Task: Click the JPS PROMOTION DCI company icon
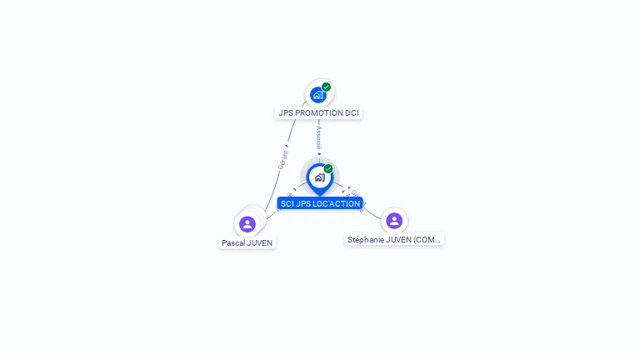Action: click(317, 95)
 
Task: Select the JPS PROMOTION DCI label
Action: click(319, 112)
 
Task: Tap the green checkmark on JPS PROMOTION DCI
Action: click(327, 87)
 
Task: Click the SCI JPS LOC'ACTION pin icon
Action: click(319, 177)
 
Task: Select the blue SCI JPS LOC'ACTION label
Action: click(320, 203)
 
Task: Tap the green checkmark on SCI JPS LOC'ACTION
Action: click(328, 168)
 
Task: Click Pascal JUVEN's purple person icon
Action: click(247, 224)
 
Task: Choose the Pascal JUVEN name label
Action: click(247, 242)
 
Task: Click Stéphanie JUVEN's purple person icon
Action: click(394, 221)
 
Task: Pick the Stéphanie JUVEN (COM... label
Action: click(395, 239)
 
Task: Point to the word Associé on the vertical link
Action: click(319, 137)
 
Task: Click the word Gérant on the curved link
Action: click(283, 159)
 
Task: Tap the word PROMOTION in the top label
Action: click(317, 112)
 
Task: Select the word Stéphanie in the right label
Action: click(367, 239)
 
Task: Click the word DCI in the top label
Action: click(352, 112)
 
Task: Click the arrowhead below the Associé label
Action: click(319, 153)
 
